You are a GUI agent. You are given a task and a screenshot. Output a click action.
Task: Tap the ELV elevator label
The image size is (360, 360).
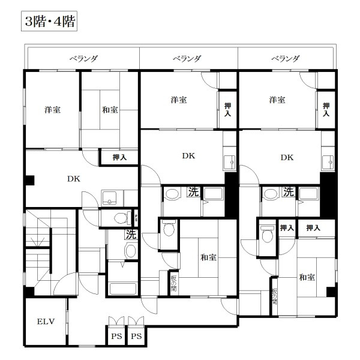point(46,322)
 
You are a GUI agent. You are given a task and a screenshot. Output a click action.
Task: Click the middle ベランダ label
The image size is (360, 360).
point(187,59)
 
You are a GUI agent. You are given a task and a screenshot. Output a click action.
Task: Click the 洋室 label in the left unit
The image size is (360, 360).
point(52,110)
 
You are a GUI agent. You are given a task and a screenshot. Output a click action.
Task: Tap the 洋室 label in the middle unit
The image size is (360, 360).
point(178,100)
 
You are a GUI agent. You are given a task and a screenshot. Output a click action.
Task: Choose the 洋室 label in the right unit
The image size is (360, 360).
point(277,100)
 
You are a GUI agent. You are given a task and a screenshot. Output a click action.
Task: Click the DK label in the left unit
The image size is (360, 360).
point(74,178)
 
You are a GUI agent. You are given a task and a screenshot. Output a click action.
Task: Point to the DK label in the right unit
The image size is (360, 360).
point(287,157)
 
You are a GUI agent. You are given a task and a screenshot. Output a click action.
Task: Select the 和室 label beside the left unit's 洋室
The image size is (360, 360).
point(109,110)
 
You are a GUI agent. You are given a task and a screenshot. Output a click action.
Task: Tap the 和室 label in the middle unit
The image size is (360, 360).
point(208,257)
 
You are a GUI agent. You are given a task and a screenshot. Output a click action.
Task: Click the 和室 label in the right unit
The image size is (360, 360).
point(307,277)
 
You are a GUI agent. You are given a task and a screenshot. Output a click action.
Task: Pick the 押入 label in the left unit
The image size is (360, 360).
point(120,157)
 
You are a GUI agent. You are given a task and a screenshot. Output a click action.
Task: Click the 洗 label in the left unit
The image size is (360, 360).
point(130,233)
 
